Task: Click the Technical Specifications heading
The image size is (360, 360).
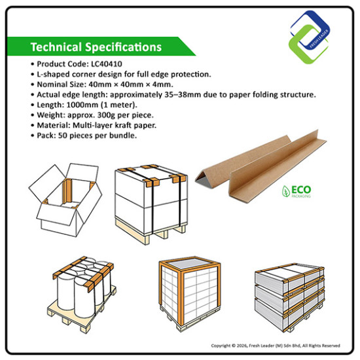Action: [96, 47]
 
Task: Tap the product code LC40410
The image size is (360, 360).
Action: [107, 64]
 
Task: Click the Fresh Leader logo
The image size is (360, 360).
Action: [310, 37]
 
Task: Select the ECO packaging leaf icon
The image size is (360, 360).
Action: [286, 191]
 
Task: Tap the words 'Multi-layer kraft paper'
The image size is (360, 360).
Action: [114, 125]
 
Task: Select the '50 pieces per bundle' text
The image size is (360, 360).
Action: [97, 135]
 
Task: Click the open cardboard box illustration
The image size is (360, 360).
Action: [65, 200]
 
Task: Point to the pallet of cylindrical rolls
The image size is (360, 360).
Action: [82, 295]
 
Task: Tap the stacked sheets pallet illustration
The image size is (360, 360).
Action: [289, 298]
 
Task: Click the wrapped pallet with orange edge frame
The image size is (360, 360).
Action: [190, 293]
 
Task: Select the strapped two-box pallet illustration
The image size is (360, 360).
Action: [152, 204]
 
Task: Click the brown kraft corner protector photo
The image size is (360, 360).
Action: [261, 166]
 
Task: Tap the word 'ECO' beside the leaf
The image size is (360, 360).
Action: [301, 190]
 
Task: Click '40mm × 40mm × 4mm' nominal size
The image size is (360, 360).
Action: [130, 84]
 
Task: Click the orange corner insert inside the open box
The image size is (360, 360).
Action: [67, 192]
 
